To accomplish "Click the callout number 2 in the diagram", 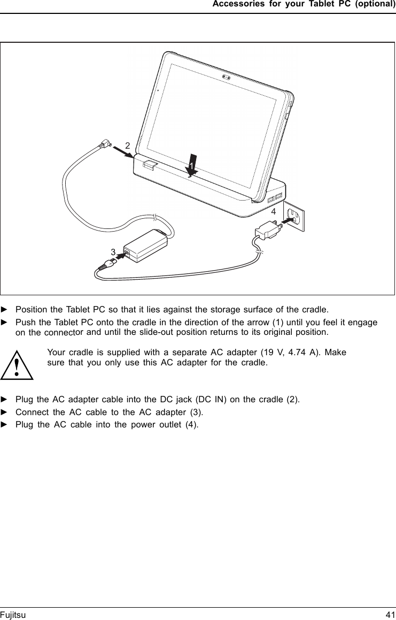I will point(127,146).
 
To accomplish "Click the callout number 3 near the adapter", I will point(113,251).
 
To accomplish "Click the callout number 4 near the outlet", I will point(273,212).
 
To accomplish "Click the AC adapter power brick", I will point(145,246).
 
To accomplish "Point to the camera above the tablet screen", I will point(227,78).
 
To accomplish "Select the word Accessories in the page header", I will point(237,4).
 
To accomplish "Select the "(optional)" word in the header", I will point(376,4).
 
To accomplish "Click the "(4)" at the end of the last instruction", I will point(191,425).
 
